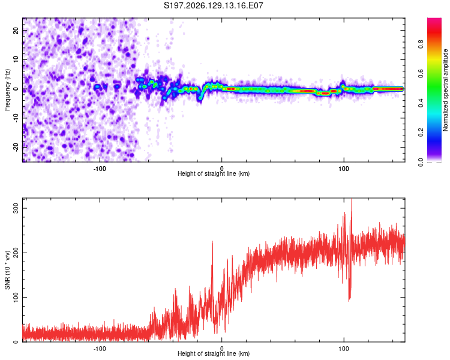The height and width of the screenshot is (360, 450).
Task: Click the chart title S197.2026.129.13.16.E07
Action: pyautogui.click(x=213, y=5)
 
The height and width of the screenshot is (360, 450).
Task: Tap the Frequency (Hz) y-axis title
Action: pyautogui.click(x=7, y=90)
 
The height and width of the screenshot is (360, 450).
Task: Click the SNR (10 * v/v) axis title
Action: pyautogui.click(x=7, y=270)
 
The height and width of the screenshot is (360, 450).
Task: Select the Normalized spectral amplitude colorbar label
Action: pyautogui.click(x=445, y=90)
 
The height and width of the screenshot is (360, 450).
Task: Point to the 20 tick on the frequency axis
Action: pyautogui.click(x=16, y=30)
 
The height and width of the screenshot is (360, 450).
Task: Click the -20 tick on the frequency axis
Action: pyautogui.click(x=16, y=147)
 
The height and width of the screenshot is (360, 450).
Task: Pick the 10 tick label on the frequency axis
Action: pyautogui.click(x=16, y=59)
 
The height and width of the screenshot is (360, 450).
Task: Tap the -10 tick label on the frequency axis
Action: pyautogui.click(x=16, y=118)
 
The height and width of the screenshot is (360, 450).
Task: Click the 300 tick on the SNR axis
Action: pyautogui.click(x=16, y=208)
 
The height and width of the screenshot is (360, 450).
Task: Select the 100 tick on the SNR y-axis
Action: pyautogui.click(x=16, y=297)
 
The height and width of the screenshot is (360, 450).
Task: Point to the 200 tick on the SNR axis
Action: pyautogui.click(x=16, y=253)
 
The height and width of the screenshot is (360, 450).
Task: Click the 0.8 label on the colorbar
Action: pyautogui.click(x=421, y=44)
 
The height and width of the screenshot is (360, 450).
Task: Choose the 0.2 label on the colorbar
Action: pyautogui.click(x=421, y=133)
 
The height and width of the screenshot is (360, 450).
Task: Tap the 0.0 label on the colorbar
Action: pyautogui.click(x=421, y=162)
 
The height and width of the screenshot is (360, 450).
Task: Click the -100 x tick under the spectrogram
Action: pyautogui.click(x=100, y=169)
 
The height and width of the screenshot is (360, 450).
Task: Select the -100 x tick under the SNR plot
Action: pyautogui.click(x=100, y=349)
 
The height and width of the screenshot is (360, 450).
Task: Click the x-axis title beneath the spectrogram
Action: pyautogui.click(x=214, y=173)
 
